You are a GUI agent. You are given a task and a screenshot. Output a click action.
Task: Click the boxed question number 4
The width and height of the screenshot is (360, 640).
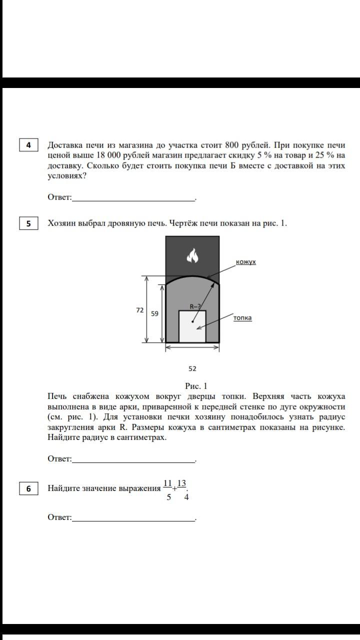29,145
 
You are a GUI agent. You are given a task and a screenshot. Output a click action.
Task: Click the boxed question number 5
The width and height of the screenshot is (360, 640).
29,223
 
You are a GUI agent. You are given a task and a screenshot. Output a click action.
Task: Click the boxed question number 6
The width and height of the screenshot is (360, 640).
29,488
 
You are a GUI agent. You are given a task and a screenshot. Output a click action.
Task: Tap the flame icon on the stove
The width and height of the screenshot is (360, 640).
192,256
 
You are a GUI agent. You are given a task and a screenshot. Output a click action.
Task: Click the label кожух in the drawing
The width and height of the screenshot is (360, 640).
245,262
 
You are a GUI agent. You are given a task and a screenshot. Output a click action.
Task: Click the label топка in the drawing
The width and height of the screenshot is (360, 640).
242,318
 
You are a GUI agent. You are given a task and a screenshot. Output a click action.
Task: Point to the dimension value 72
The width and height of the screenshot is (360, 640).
140,310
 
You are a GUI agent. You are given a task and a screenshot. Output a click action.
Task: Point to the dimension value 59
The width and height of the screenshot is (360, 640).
154,313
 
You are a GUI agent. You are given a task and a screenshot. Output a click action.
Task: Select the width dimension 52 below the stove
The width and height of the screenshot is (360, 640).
192,368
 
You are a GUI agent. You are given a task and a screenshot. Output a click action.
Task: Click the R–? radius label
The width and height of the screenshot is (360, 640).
195,306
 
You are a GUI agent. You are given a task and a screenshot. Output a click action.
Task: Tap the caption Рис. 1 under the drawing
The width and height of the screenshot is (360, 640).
195,385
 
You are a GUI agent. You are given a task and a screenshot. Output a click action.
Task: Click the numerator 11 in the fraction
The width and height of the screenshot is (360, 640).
168,483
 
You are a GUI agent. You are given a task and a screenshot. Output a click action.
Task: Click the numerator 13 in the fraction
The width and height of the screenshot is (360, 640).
181,483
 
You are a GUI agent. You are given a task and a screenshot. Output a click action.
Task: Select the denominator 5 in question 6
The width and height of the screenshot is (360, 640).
169,497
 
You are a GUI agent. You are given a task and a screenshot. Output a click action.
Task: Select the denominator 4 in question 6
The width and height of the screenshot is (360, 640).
186,497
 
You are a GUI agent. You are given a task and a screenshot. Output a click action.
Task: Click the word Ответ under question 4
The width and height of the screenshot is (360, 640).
59,197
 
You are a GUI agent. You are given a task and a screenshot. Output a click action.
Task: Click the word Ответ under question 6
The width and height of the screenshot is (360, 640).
59,517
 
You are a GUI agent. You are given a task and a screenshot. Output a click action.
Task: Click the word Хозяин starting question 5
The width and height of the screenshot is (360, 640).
63,223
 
